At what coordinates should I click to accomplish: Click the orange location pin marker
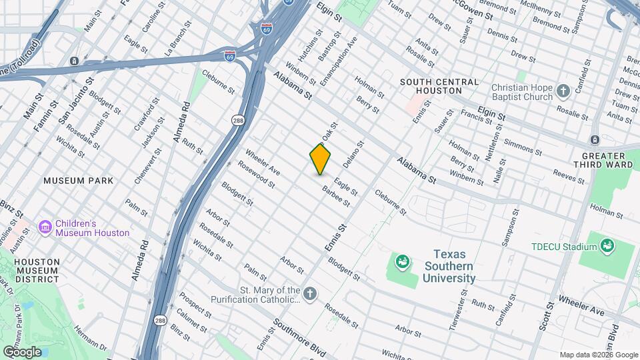(x=320, y=159)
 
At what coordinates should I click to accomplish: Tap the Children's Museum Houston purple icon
(x=45, y=228)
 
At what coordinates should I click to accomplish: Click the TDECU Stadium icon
(x=607, y=247)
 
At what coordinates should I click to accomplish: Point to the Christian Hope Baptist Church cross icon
(x=563, y=90)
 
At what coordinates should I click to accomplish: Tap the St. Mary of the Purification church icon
(x=309, y=293)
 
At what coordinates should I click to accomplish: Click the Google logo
(x=22, y=352)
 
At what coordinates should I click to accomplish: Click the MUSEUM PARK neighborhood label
(x=78, y=181)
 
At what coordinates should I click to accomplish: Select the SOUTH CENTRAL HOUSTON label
(x=439, y=86)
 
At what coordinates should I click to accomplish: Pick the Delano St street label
(x=354, y=154)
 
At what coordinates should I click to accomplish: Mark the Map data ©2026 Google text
(x=599, y=355)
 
